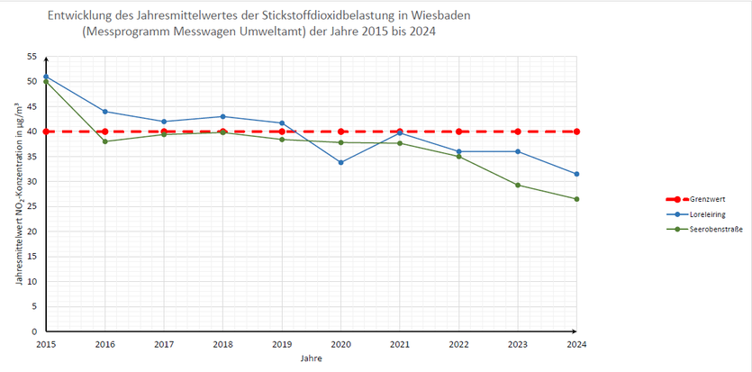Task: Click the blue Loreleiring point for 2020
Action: coord(341,162)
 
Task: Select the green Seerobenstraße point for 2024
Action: coord(576,199)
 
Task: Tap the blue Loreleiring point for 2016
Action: coord(105,111)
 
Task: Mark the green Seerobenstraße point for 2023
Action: coord(518,185)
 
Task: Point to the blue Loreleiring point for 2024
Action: coord(576,174)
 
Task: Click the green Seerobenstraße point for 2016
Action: coord(105,141)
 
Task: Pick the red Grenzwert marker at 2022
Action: coord(459,132)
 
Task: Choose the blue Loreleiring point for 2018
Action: coord(223,116)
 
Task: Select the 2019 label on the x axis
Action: coord(282,344)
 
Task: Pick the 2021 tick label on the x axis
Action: coord(400,344)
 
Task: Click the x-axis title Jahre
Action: coord(312,358)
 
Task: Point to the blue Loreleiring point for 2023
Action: coord(518,151)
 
